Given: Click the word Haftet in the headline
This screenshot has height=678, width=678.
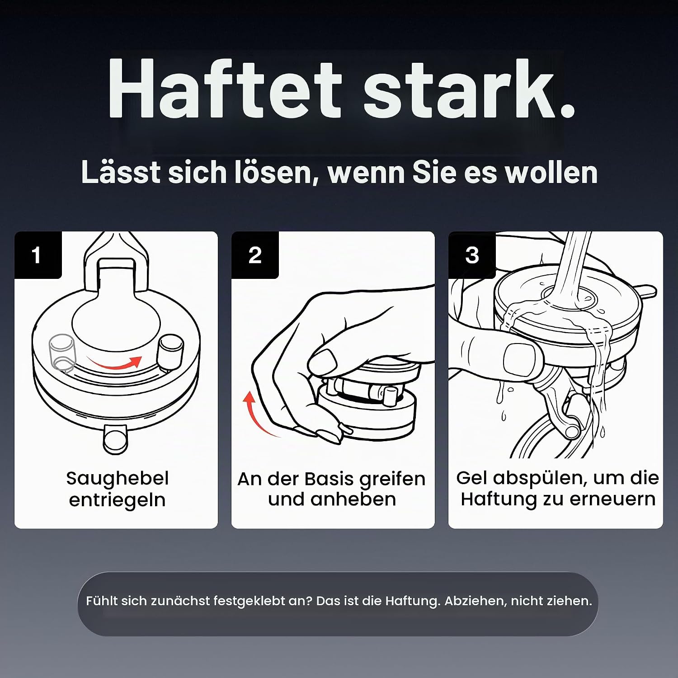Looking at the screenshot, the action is pyautogui.click(x=225, y=89).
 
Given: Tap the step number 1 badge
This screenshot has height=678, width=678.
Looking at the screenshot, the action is pyautogui.click(x=38, y=255).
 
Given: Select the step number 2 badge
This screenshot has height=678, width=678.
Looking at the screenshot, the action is pyautogui.click(x=255, y=255).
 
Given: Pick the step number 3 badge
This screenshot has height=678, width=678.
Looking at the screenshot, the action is pyautogui.click(x=472, y=255).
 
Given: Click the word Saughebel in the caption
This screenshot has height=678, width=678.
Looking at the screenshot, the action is pyautogui.click(x=117, y=479).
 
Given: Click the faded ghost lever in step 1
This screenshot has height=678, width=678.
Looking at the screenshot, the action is pyautogui.click(x=62, y=353).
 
